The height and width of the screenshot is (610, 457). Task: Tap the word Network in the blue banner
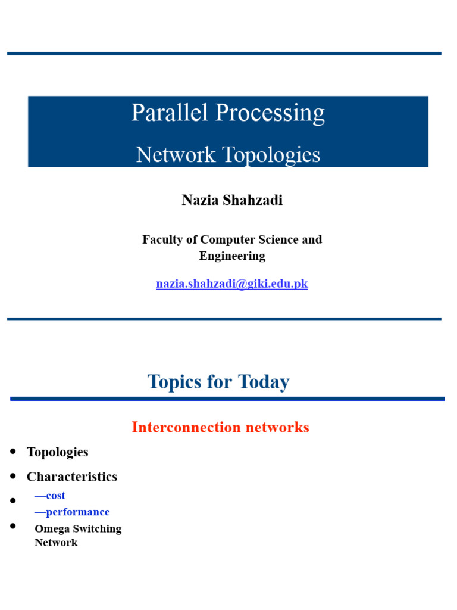point(176,155)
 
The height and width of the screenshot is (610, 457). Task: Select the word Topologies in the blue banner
point(271,155)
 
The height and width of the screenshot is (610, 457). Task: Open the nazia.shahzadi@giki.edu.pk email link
point(232,284)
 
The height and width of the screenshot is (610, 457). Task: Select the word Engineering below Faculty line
point(232,256)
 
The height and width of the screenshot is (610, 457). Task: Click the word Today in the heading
point(262,381)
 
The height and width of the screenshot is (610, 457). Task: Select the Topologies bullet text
point(58,452)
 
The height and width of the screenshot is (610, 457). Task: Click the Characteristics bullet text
point(72,477)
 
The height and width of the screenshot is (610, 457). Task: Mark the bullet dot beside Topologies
point(13,452)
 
